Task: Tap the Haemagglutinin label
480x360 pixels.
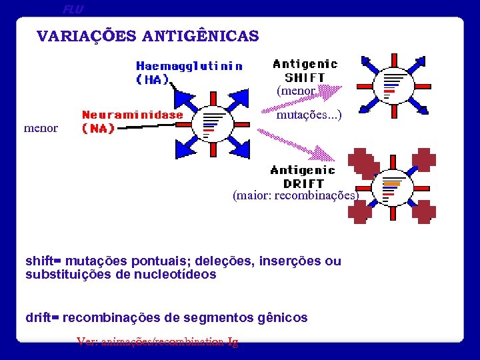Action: (x=189, y=66)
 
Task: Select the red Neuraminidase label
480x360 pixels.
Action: (x=132, y=115)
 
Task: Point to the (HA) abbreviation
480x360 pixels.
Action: (x=153, y=79)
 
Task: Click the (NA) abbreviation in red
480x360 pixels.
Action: (x=98, y=128)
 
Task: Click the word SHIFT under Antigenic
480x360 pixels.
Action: (x=305, y=77)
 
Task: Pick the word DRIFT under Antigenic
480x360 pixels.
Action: (x=303, y=183)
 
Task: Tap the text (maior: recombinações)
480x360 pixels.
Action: (x=295, y=196)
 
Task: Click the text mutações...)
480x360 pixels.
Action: (x=309, y=115)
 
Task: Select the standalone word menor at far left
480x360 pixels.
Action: (x=41, y=127)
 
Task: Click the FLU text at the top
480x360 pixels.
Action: (x=73, y=9)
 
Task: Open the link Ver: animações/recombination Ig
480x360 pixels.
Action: (x=157, y=341)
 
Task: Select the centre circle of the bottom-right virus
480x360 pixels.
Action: (x=392, y=188)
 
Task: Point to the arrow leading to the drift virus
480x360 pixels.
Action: (x=300, y=147)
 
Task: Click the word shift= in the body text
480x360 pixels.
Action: (x=43, y=261)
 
